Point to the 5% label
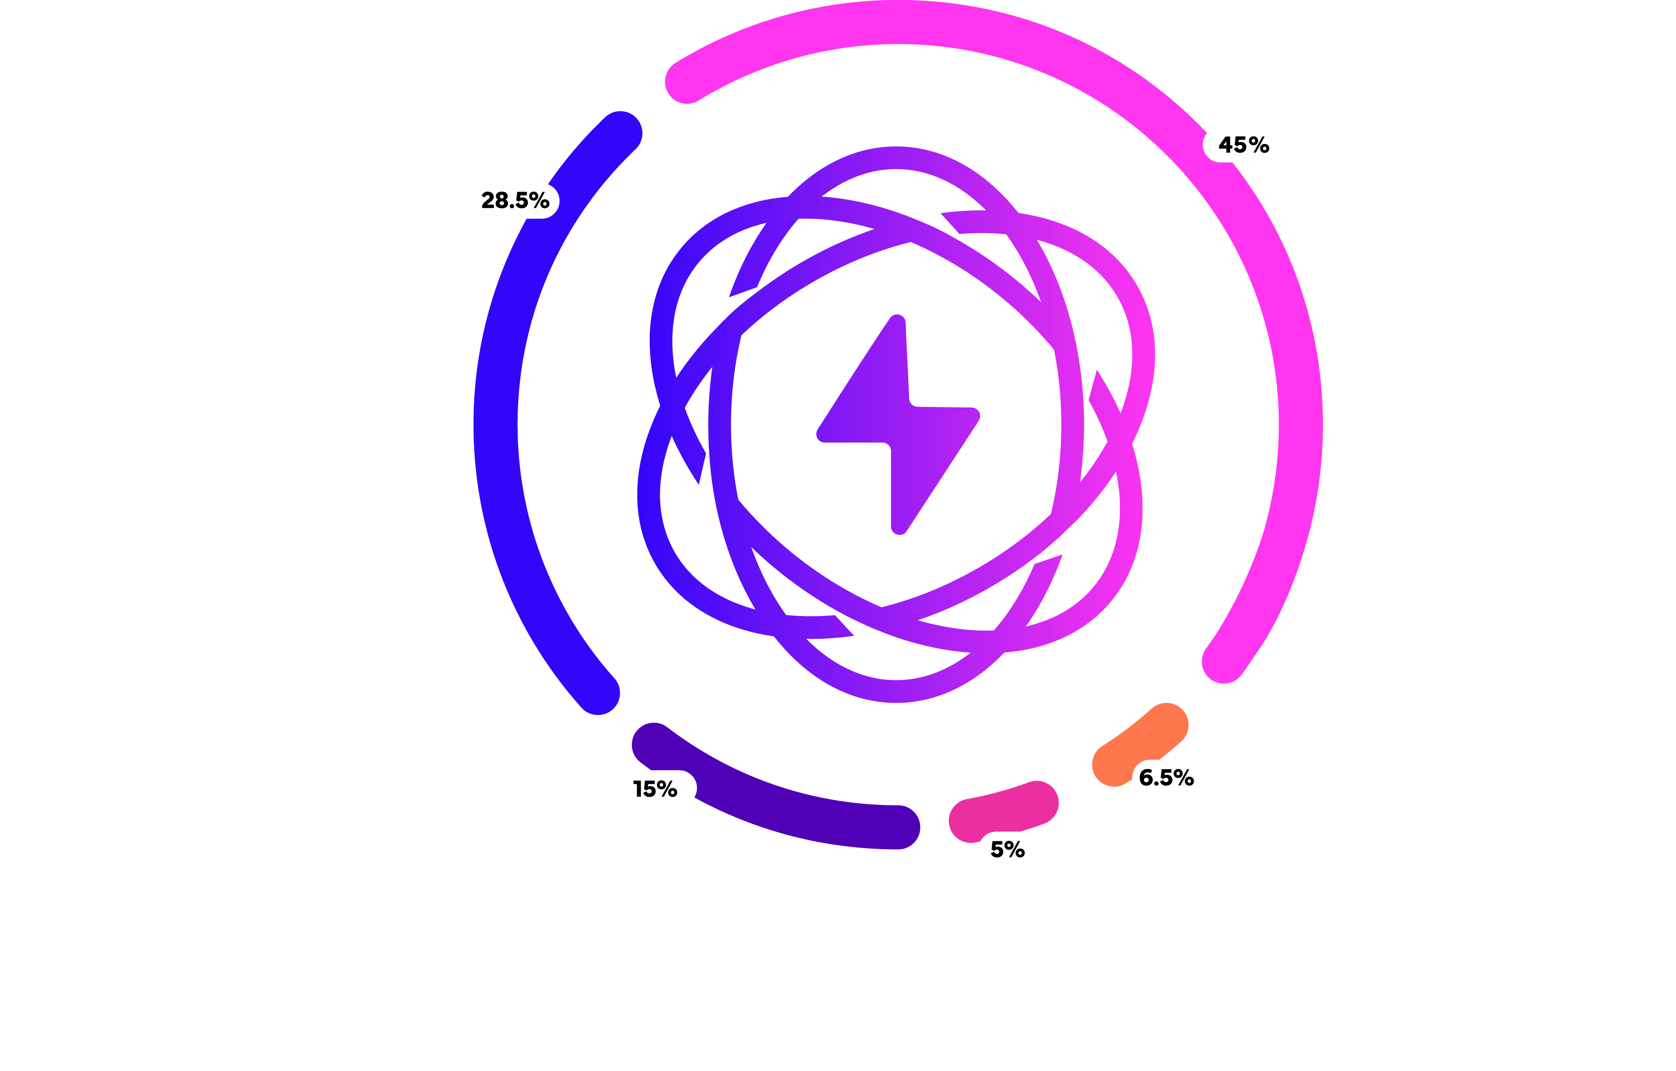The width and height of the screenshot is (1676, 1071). click(1007, 849)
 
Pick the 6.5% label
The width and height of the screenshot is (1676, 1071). click(1166, 777)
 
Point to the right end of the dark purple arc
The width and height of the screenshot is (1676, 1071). click(899, 827)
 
